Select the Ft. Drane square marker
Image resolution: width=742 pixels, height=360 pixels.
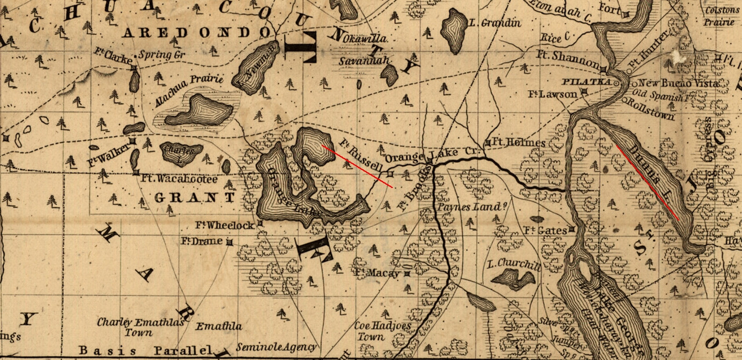230,242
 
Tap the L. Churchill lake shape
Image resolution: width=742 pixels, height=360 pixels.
512,279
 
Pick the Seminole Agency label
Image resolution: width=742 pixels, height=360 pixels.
277,347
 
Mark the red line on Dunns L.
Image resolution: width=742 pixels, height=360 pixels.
648,182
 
